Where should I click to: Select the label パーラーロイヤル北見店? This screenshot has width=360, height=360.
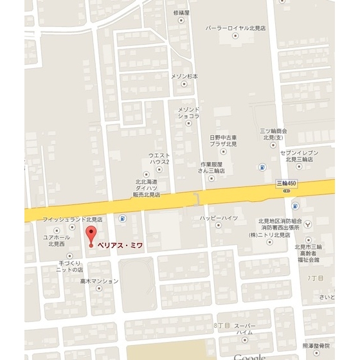coord(235,29)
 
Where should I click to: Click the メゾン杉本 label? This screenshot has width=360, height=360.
coord(184,76)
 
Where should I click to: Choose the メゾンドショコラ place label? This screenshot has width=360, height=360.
coord(188,113)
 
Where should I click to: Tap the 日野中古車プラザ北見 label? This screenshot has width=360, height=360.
coord(223,141)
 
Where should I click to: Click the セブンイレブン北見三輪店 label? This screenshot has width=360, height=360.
coord(300,156)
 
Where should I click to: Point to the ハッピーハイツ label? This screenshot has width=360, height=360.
coord(219,218)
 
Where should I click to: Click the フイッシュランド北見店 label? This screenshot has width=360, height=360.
coord(73,219)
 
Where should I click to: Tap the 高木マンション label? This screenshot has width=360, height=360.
coord(99,281)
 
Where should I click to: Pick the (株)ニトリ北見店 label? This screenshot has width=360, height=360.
coord(271,235)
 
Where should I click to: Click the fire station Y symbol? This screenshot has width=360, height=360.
coord(309,224)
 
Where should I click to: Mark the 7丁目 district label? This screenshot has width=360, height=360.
coord(315,278)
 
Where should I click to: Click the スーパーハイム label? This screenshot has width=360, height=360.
coord(244,329)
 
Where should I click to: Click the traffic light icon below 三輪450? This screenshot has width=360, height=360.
coord(295,207)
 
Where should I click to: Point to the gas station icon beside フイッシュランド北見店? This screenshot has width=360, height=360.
coord(123,218)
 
